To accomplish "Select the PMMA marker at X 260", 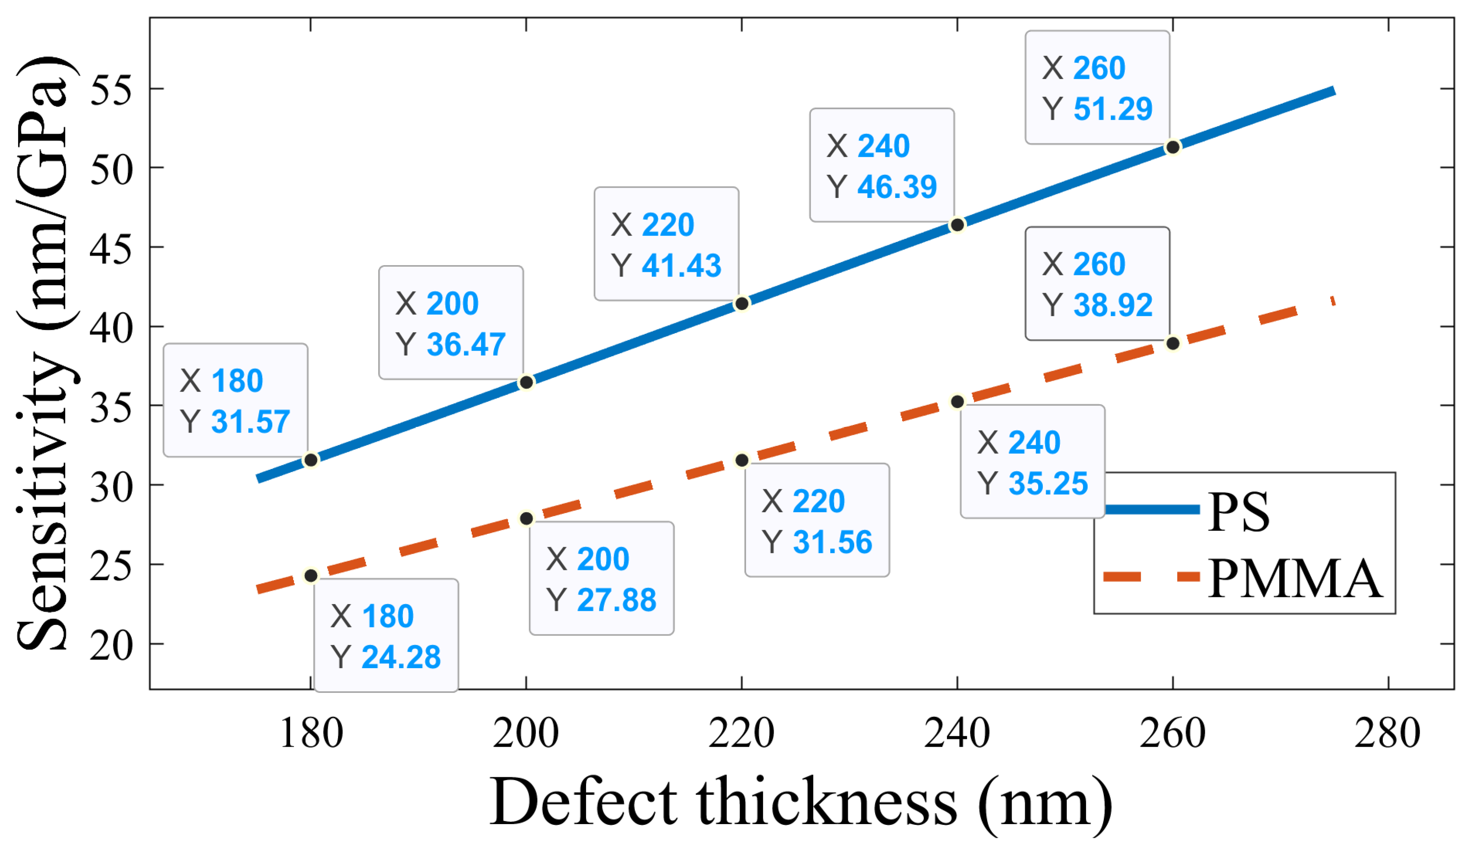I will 1173,344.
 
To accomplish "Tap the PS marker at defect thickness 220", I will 742,304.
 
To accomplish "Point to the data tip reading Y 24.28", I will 386,635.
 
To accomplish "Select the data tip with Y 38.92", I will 1097,284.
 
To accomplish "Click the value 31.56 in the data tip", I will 833,542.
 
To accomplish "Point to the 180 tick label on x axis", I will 311,734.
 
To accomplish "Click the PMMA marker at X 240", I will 958,402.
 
